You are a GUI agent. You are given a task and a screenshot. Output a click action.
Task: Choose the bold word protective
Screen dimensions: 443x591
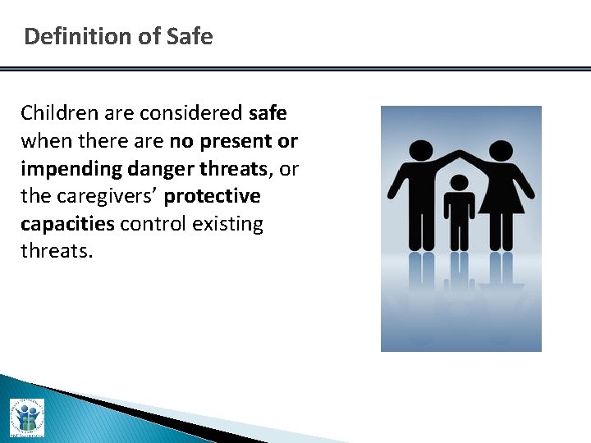point(213,196)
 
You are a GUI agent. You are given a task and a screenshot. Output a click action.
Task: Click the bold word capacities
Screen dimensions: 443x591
point(67,224)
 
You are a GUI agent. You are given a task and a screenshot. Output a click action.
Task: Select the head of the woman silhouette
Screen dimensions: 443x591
point(500,152)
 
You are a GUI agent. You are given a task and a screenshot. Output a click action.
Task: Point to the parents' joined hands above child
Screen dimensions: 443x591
point(460,153)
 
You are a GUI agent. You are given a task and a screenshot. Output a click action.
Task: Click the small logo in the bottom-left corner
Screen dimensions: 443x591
point(26,418)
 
